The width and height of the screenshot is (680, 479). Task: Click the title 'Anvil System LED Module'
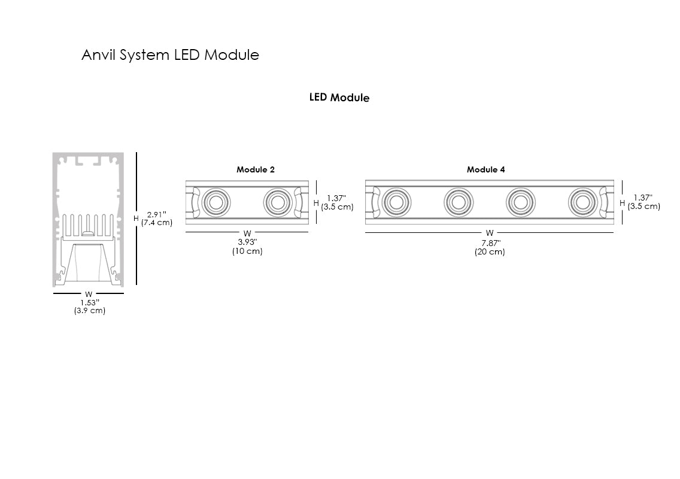coord(170,55)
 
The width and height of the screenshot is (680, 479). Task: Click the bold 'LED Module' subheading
coord(339,97)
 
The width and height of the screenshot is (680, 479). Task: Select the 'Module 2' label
coord(256,169)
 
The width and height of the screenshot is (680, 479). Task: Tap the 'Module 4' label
coord(485,169)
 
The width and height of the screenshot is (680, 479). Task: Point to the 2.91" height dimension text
coord(156,214)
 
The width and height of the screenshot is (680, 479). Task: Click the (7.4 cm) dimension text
coord(157,223)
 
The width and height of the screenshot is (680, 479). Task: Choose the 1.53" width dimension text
coord(89,302)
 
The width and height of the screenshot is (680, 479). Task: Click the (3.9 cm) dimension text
coord(89,311)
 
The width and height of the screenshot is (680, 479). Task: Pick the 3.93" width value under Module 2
coord(247,242)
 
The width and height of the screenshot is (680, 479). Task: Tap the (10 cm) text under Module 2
coord(247,251)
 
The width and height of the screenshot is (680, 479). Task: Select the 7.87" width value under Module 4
coord(490,242)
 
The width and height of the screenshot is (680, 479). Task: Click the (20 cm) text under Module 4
coord(490,252)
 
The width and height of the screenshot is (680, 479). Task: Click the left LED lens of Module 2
coord(216,202)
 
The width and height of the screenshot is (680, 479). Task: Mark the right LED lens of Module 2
coord(278,202)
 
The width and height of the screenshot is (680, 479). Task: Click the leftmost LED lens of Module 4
coord(396,202)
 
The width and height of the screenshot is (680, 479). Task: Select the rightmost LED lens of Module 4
coord(582,202)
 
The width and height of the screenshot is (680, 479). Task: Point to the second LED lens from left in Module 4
coord(458,202)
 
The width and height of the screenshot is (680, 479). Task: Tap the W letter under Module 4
coord(490,233)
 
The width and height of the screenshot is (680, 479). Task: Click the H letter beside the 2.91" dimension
coord(136,219)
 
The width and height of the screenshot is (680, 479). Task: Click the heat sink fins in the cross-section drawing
coord(87,224)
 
